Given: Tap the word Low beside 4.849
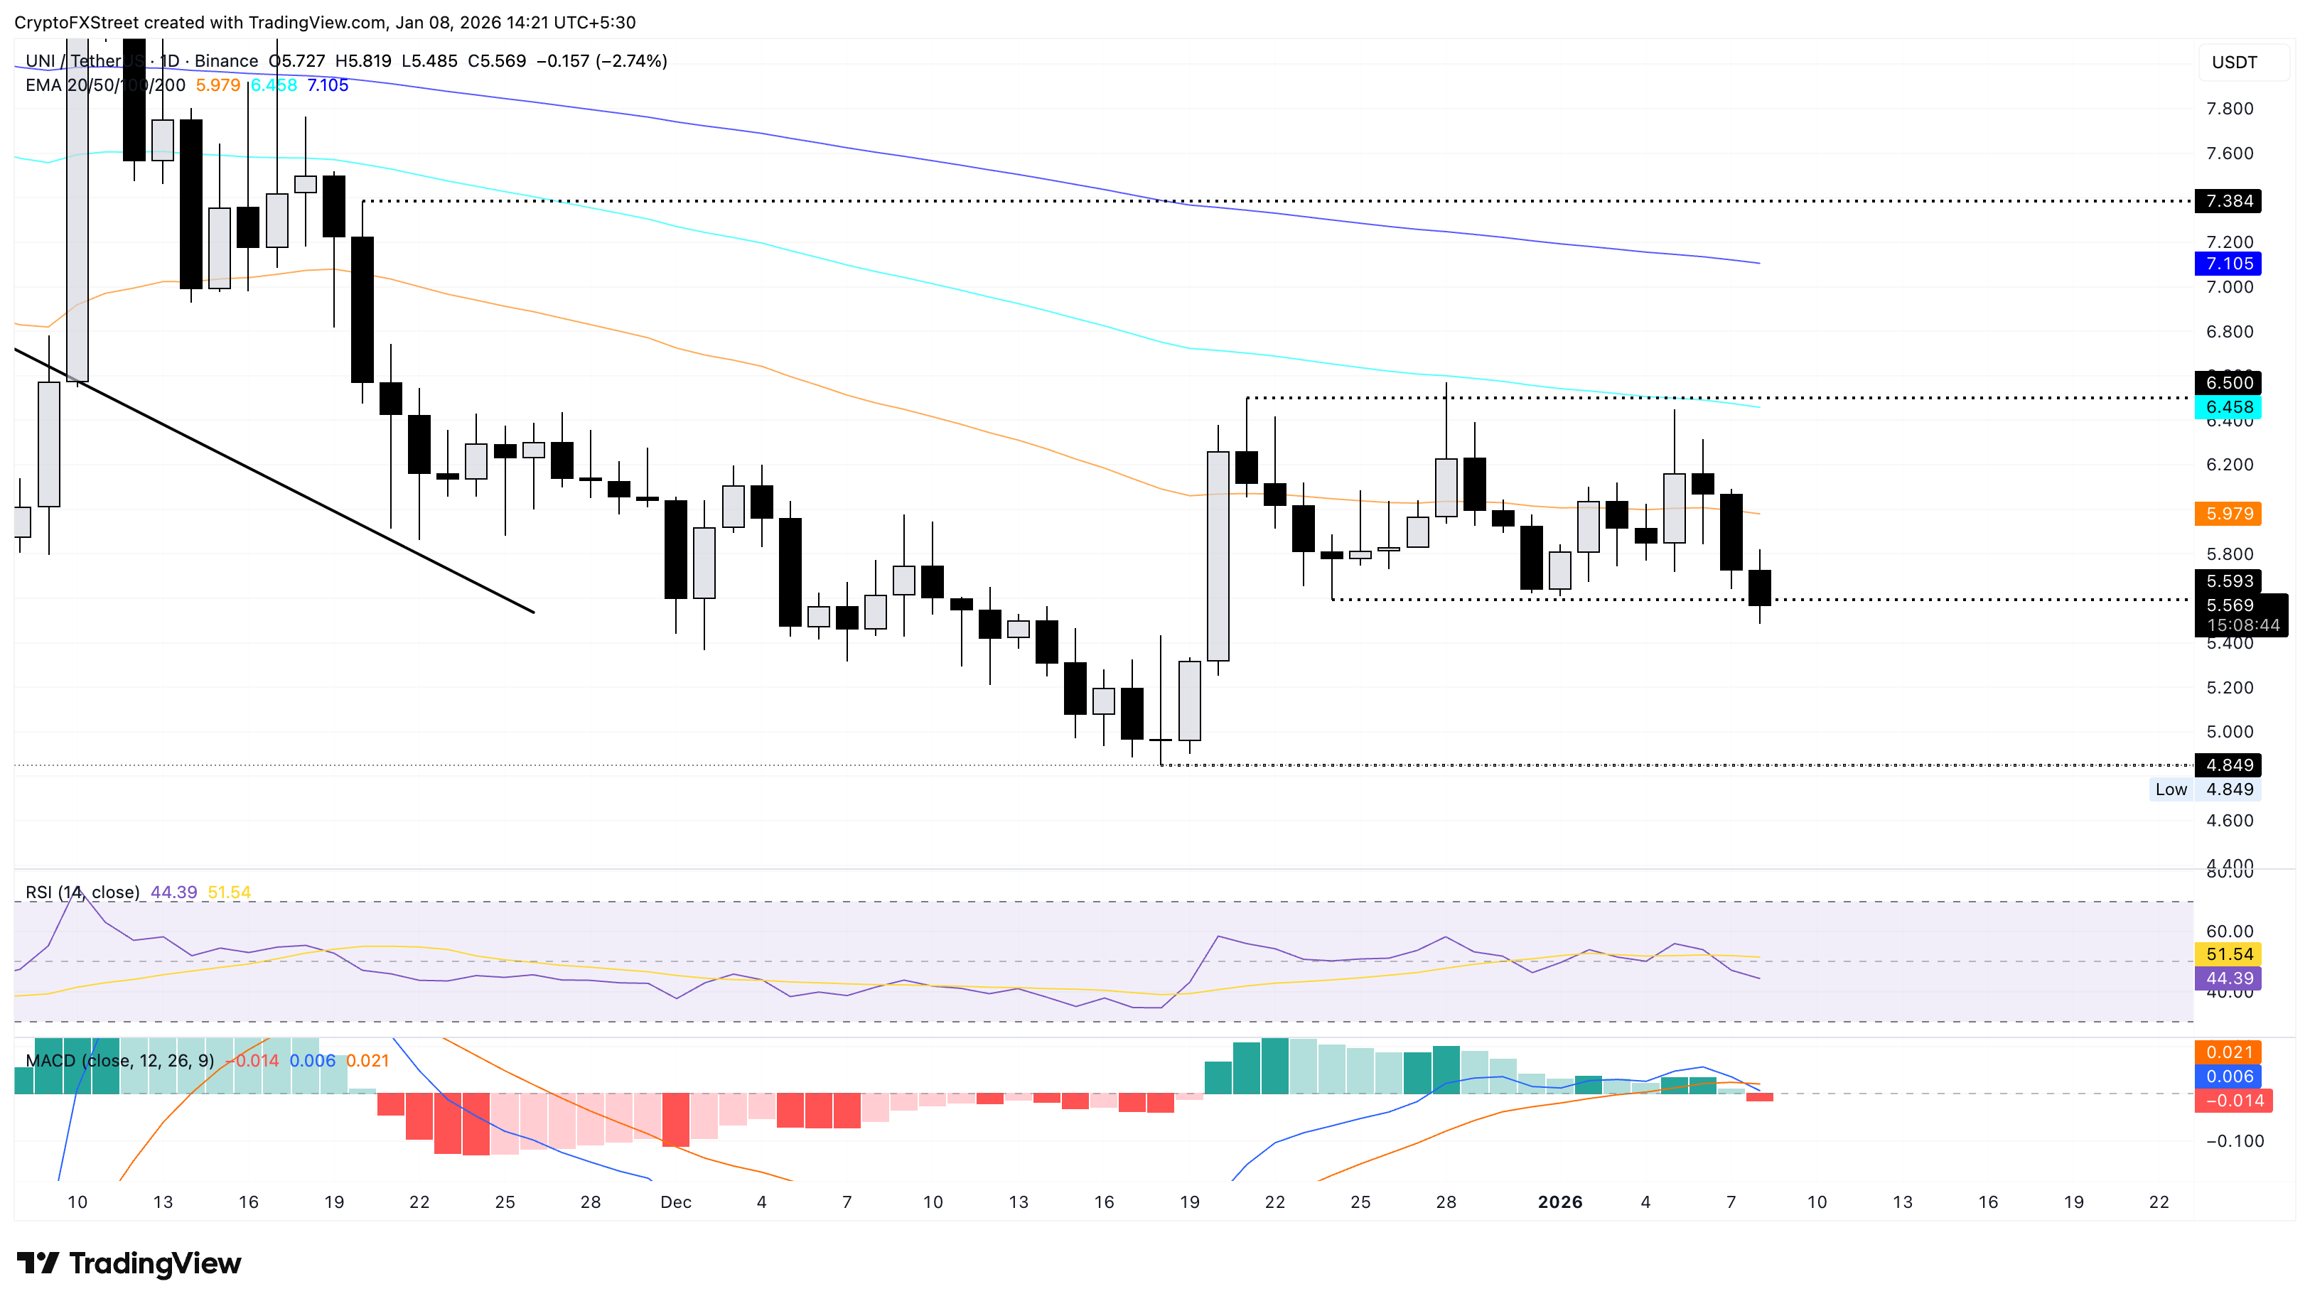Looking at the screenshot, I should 2170,789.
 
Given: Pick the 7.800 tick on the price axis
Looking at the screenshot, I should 2229,109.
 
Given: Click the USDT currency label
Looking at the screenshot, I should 2234,62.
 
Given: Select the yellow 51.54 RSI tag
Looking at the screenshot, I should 2228,954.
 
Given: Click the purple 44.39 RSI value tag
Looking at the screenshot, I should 2228,978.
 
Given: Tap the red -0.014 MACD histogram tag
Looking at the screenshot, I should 2233,1101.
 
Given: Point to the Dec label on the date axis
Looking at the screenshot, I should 675,1202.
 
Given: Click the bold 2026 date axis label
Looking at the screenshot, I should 1559,1202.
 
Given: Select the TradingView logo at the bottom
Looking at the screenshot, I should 129,1264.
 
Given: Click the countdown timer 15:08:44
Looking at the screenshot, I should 2242,625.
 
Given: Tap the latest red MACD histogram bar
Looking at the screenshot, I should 1759,1097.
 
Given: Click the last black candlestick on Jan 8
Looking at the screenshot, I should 1759,588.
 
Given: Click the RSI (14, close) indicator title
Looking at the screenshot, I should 82,892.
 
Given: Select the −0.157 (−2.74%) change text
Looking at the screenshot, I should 602,61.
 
